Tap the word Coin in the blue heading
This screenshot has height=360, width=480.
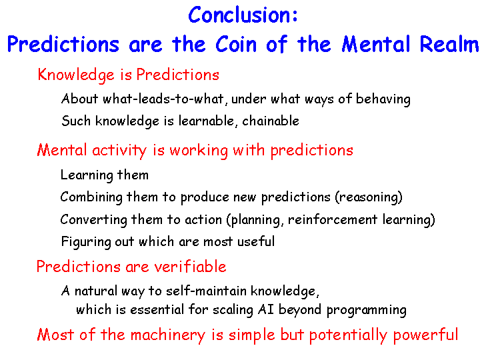pyautogui.click(x=236, y=44)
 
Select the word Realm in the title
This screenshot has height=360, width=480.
pyautogui.click(x=449, y=44)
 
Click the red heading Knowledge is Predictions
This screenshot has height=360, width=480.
pyautogui.click(x=128, y=75)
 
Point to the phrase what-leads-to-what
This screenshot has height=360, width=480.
pyautogui.click(x=163, y=99)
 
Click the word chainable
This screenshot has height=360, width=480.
pyautogui.click(x=271, y=121)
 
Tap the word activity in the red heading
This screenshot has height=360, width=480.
pyautogui.click(x=119, y=151)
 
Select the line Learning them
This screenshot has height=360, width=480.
pyautogui.click(x=105, y=175)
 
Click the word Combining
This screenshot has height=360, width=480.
pyautogui.click(x=91, y=197)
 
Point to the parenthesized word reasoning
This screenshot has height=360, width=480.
pyautogui.click(x=369, y=197)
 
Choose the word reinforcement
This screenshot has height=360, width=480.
pyautogui.click(x=333, y=220)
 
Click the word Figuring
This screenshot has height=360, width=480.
pyautogui.click(x=86, y=242)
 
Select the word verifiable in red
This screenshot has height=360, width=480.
pyautogui.click(x=190, y=266)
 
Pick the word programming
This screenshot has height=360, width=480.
pyautogui.click(x=367, y=310)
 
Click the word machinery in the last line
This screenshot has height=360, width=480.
pyautogui.click(x=168, y=335)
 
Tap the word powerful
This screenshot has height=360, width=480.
pyautogui.click(x=425, y=335)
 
